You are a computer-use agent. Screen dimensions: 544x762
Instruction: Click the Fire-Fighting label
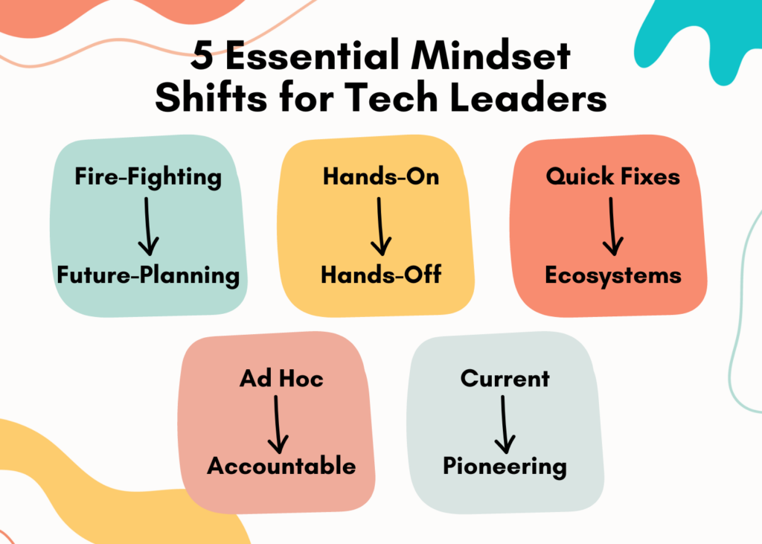click(148, 177)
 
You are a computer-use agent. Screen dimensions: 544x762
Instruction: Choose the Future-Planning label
click(148, 275)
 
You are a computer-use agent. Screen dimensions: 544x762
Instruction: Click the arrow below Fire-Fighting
click(148, 225)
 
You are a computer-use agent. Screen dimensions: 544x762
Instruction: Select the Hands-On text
click(380, 177)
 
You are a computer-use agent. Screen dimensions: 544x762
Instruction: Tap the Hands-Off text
click(381, 275)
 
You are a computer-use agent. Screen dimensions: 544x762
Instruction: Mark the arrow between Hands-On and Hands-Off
click(380, 225)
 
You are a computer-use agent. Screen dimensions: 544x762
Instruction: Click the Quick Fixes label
click(612, 177)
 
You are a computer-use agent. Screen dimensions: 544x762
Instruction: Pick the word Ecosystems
click(612, 275)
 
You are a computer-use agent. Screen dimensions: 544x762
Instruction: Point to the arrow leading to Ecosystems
click(612, 225)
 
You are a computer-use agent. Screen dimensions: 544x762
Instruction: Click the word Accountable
click(281, 467)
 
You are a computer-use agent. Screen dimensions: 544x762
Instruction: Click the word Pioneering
click(505, 467)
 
